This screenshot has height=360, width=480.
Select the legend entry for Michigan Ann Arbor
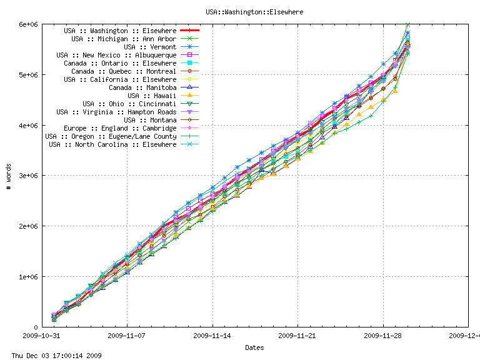(124, 39)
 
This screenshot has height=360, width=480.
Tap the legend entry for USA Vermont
(150, 47)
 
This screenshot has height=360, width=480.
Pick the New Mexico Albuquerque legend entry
(116, 55)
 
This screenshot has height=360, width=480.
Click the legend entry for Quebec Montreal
(124, 71)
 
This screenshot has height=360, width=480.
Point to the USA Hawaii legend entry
(152, 96)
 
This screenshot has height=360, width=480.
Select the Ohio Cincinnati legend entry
(129, 104)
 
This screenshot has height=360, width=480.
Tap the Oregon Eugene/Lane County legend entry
(111, 136)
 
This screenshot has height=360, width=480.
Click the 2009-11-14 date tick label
(212, 336)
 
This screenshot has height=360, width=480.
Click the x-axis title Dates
(254, 347)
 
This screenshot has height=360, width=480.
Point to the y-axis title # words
(8, 176)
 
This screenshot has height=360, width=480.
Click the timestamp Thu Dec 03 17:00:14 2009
(52, 356)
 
